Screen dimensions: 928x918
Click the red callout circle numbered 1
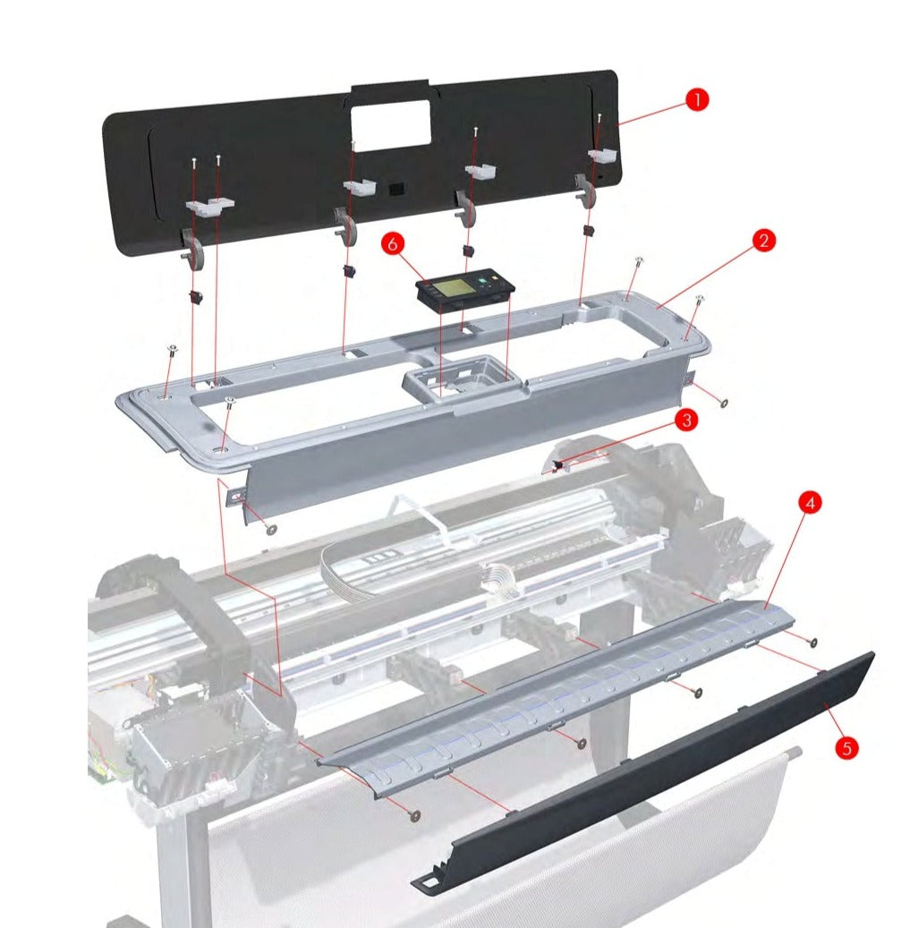tap(696, 100)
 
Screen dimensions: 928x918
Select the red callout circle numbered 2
tap(762, 241)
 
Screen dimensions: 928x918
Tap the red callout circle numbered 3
tap(685, 418)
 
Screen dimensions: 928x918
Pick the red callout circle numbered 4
tap(810, 503)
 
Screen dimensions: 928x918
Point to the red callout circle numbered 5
tap(846, 747)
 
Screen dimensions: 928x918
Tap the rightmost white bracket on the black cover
tap(603, 156)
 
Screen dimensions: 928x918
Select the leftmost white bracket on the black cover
tap(209, 206)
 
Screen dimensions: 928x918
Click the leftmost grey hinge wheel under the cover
tap(195, 251)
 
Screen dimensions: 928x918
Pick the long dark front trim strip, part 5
tap(644, 770)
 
